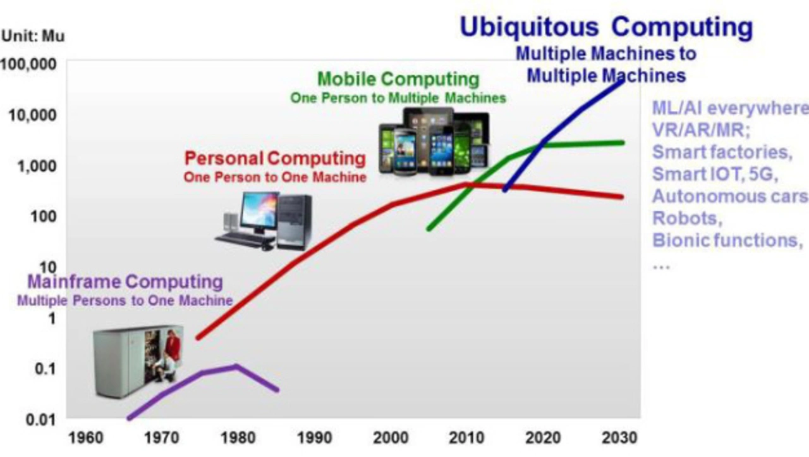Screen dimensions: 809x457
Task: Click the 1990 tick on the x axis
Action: click(x=314, y=438)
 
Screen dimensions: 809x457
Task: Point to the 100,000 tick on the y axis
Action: click(x=28, y=65)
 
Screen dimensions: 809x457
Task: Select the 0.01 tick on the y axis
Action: click(x=41, y=420)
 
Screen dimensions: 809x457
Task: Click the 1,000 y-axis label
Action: click(x=37, y=166)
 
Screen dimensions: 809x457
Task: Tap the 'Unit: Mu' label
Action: click(x=33, y=36)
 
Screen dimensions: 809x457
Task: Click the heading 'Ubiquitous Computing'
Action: click(x=606, y=27)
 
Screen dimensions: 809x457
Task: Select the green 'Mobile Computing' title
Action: click(x=398, y=79)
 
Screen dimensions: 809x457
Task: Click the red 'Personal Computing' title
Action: click(x=275, y=158)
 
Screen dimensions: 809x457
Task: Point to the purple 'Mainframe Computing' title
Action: click(x=125, y=282)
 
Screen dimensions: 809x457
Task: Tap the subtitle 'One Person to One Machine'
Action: click(x=275, y=177)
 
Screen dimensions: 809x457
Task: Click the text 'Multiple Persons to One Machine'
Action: click(x=125, y=301)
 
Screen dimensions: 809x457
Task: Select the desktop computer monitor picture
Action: click(x=259, y=213)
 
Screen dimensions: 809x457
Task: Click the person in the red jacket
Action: click(x=173, y=344)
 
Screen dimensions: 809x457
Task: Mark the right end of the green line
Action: click(x=623, y=143)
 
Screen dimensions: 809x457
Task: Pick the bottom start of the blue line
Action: click(x=504, y=190)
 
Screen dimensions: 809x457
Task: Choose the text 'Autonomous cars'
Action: click(x=730, y=196)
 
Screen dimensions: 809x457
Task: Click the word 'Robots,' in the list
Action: click(x=687, y=218)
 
